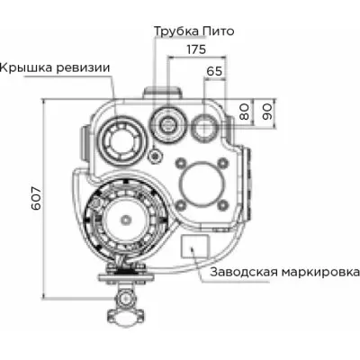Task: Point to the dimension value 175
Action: click(192, 50)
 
